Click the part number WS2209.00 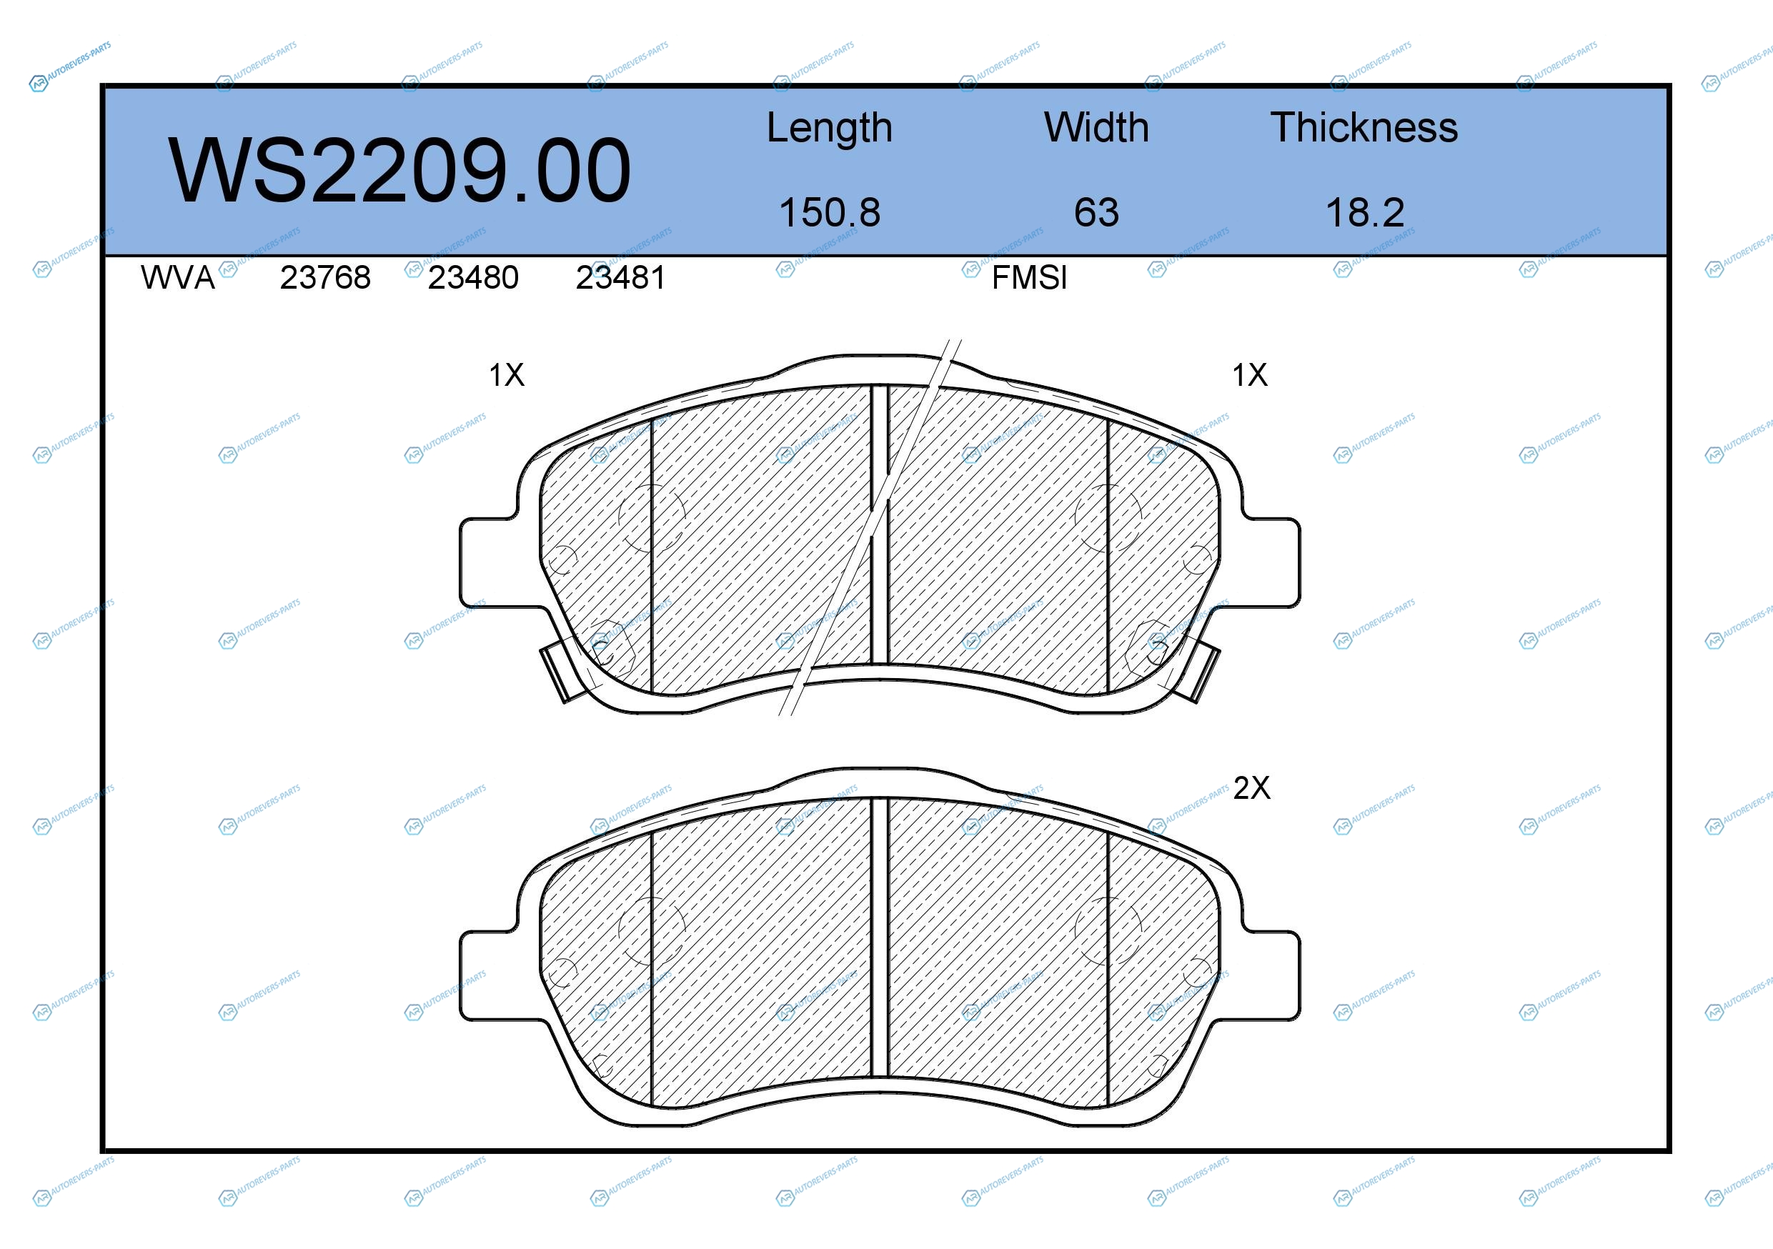[x=400, y=171]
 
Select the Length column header [x=830, y=128]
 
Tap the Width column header [x=1096, y=127]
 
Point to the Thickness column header [x=1364, y=127]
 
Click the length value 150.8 [x=830, y=212]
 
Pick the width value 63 [x=1096, y=212]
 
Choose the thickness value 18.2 [x=1365, y=212]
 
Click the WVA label [x=178, y=278]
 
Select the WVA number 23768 [x=325, y=278]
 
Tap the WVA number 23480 [x=473, y=278]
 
